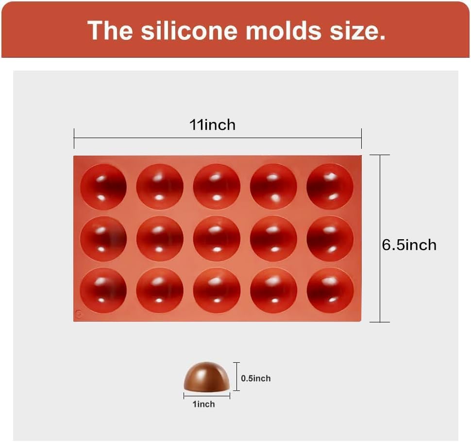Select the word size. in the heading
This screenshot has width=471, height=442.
pos(359,30)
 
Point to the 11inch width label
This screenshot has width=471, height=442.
pos(212,125)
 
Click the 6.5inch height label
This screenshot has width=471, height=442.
pos(409,245)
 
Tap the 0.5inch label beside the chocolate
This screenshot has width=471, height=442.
pos(256,378)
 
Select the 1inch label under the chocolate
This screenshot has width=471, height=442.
pos(204,404)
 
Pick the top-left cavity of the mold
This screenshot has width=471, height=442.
pos(103,187)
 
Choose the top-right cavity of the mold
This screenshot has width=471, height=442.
pos(330,187)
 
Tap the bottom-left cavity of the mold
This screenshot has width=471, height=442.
pos(103,290)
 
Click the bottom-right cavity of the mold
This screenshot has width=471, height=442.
pos(330,290)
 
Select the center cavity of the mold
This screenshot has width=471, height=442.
pos(217,239)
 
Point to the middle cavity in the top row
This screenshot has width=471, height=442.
pos(217,187)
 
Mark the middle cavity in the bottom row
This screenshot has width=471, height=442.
pos(217,290)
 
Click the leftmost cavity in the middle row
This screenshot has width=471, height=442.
pos(103,239)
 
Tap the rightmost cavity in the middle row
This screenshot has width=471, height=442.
pos(330,239)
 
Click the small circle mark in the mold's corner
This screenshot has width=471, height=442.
pos(79,314)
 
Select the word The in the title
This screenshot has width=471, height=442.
pos(110,30)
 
